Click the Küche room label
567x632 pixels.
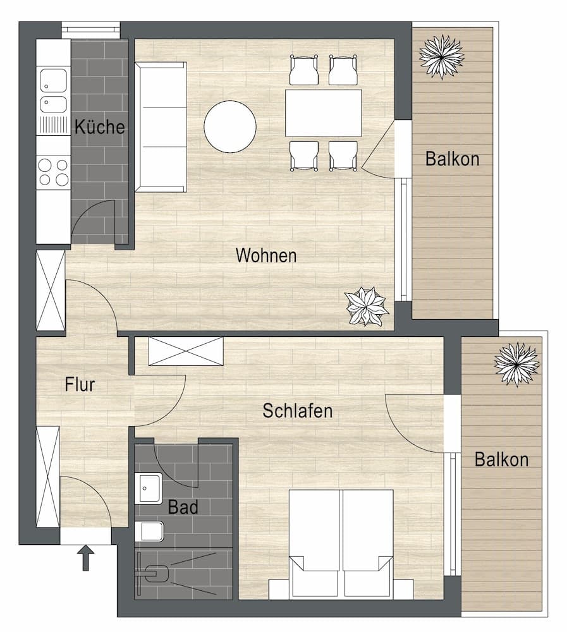[x=100, y=127]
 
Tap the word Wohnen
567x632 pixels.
[x=265, y=256]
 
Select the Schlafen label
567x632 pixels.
[x=297, y=411]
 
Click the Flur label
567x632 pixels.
[x=80, y=384]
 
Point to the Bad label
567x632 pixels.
[x=183, y=507]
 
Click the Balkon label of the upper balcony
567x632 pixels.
[x=452, y=159]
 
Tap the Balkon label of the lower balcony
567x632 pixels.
[x=501, y=459]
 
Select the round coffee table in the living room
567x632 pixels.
[x=230, y=126]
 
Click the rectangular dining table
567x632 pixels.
[x=323, y=113]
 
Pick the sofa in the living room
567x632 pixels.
[x=161, y=126]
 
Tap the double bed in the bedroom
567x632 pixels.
[x=341, y=544]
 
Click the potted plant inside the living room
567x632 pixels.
[x=366, y=307]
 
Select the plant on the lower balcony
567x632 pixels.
[x=516, y=364]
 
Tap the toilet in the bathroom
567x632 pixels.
[x=150, y=531]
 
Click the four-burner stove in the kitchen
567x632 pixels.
[x=53, y=172]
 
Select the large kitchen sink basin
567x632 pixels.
[x=53, y=80]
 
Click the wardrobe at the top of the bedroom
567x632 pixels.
[x=186, y=351]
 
